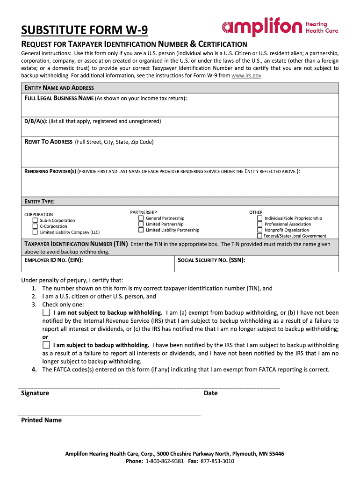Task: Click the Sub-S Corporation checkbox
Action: (x=35, y=220)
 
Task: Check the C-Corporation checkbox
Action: (x=35, y=226)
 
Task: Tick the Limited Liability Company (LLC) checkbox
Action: (x=35, y=232)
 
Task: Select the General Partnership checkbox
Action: (x=141, y=218)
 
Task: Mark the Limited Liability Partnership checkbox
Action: (x=141, y=230)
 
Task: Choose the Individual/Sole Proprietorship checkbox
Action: (x=260, y=218)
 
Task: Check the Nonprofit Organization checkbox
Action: (x=260, y=230)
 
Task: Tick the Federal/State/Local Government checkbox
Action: (x=260, y=236)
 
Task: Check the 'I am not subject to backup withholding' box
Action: (x=46, y=312)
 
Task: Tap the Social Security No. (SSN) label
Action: (x=211, y=260)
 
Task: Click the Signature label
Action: (x=35, y=393)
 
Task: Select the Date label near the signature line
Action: (x=210, y=393)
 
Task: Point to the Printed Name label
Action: (x=41, y=420)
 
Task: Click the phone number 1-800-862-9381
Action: (x=165, y=461)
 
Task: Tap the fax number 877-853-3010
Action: (x=217, y=461)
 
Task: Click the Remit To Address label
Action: (x=48, y=142)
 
